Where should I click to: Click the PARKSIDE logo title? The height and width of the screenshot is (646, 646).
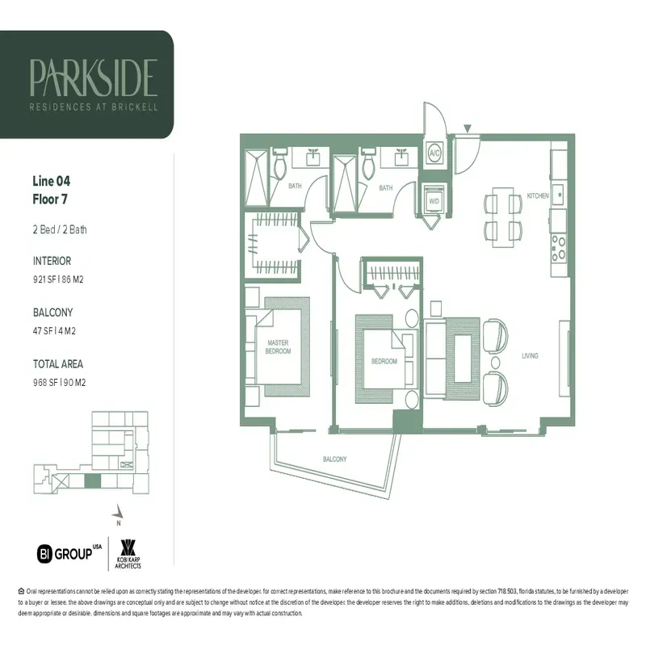[93, 78]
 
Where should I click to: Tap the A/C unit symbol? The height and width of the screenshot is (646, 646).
[434, 153]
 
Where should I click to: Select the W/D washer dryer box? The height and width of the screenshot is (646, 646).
[434, 199]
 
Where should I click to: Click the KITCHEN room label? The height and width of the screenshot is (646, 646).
[538, 196]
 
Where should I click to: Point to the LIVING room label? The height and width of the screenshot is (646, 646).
[530, 355]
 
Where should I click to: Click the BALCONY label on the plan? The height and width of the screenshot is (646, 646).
[334, 459]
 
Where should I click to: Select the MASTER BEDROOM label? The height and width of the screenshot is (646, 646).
[278, 348]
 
